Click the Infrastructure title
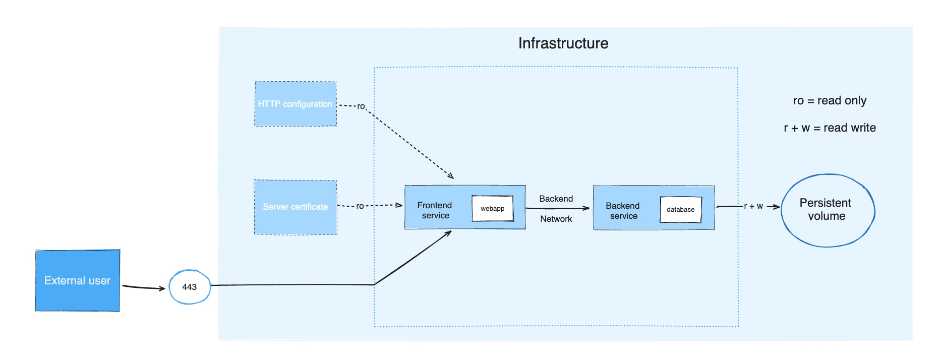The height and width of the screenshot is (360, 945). (563, 43)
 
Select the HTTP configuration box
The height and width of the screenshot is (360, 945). (295, 104)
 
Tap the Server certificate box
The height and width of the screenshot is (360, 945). (295, 207)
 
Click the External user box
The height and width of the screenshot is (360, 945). (77, 280)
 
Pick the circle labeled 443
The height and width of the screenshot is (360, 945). (189, 287)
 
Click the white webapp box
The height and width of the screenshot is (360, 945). (492, 209)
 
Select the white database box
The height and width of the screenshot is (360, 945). (680, 209)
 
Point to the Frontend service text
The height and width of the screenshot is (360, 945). (435, 210)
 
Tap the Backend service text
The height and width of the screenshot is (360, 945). (623, 211)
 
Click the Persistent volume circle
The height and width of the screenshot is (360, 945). (827, 210)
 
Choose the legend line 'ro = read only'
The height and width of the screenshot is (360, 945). (830, 101)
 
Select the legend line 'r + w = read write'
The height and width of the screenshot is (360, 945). (830, 128)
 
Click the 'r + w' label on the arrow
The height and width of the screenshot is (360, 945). (753, 206)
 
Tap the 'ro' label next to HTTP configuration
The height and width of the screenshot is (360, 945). (361, 106)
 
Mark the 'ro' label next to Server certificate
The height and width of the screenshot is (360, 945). (360, 206)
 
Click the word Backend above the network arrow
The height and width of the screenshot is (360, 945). (556, 199)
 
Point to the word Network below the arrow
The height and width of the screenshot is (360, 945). (556, 219)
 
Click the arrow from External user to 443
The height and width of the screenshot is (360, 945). (144, 287)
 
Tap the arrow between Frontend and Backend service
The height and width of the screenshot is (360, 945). (557, 208)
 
